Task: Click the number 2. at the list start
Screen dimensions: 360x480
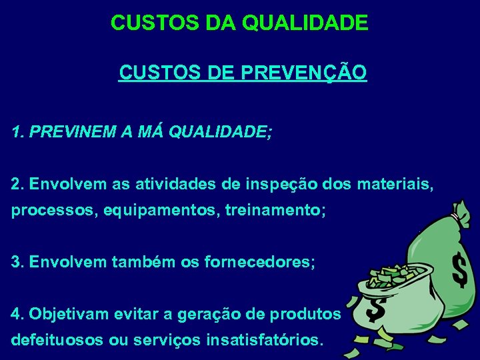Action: tap(18, 183)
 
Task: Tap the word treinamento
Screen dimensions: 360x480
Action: tap(274, 211)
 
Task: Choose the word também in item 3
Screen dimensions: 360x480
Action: tap(142, 262)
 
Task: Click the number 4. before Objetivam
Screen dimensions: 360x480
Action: tap(18, 313)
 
